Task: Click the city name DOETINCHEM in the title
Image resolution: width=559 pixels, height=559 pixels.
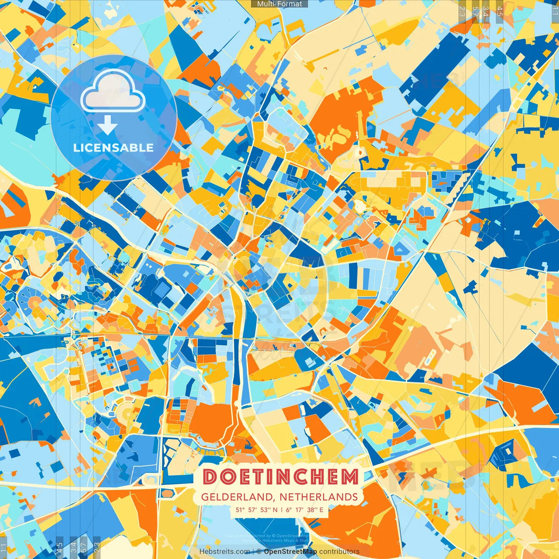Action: coord(280,477)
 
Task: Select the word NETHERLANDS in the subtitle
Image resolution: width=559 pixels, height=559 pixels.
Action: coord(318,497)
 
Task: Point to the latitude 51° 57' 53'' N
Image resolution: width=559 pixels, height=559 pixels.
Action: coord(256,510)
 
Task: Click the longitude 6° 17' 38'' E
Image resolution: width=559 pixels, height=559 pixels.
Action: coord(305,510)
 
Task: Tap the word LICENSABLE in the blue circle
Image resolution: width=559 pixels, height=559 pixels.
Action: coord(114,148)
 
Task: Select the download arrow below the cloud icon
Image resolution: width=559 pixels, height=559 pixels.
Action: coord(107,126)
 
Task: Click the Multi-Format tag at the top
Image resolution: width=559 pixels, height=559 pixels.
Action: coord(279,4)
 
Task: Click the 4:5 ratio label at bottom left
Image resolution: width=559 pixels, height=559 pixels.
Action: coord(59,547)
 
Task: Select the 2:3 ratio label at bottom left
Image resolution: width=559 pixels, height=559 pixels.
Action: coord(97,547)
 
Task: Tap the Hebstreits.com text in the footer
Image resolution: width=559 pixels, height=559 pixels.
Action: coord(224,552)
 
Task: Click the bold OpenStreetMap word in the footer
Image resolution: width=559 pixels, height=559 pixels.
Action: coord(290,552)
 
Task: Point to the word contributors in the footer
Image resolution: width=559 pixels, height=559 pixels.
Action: coord(339,552)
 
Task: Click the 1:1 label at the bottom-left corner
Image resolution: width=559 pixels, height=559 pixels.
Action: coord(4,549)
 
